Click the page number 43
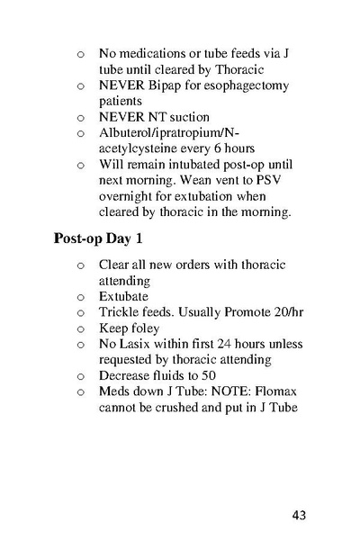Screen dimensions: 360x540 pos(300,516)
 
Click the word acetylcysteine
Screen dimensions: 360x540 pos(139,148)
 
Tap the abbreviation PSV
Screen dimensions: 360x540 pos(279,181)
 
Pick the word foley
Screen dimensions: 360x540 pos(144,328)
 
